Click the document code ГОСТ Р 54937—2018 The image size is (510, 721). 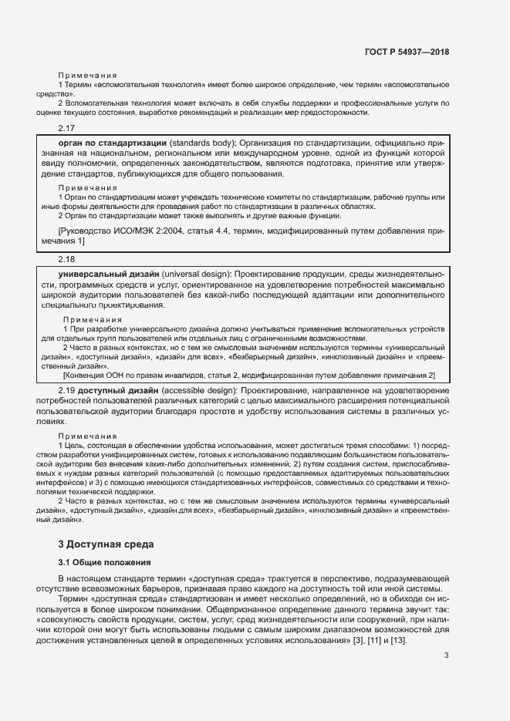[x=406, y=52]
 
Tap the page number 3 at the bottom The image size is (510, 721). [x=447, y=655]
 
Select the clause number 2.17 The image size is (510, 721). [x=66, y=128]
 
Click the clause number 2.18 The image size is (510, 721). [x=66, y=260]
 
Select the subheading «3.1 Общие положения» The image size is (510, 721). [x=105, y=562]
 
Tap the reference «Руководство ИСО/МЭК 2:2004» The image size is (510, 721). [x=122, y=231]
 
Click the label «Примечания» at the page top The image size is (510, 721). [x=87, y=75]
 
